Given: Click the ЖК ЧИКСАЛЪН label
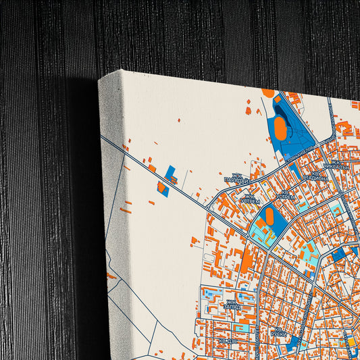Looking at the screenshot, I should click(x=336, y=164).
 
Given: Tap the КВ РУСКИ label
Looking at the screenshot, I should click(x=278, y=332).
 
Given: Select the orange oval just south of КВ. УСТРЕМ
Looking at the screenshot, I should click(x=269, y=216).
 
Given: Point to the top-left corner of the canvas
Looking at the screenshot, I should click(x=100, y=80).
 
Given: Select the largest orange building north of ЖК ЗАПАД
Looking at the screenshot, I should click(x=246, y=260).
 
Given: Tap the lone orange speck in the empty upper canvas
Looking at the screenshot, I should click(x=249, y=110).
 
